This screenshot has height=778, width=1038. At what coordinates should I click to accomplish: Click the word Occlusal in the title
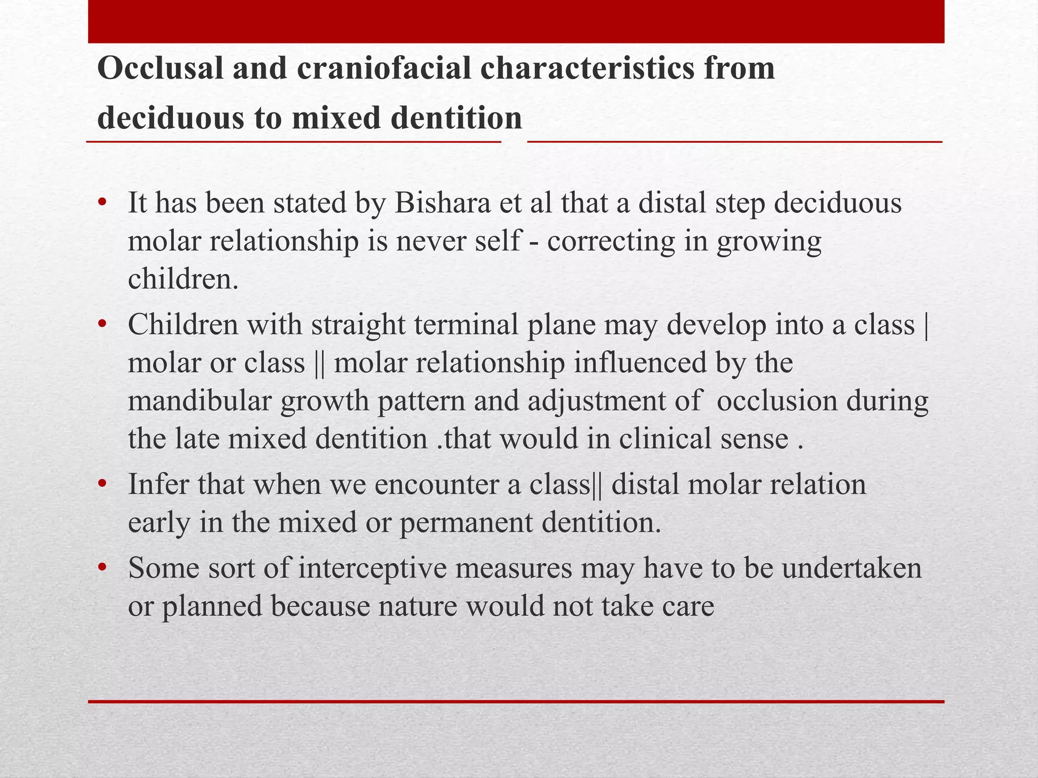(x=160, y=69)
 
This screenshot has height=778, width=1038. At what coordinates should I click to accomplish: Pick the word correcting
(x=611, y=242)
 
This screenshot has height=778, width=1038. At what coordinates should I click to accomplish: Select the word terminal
(x=466, y=325)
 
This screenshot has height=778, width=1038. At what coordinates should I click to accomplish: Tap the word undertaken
(x=851, y=568)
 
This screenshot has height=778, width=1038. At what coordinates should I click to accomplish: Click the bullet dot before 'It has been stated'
(x=102, y=203)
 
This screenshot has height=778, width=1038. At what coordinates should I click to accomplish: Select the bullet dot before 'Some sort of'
(x=102, y=568)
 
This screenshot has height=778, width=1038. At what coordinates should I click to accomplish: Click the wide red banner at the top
(x=516, y=22)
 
